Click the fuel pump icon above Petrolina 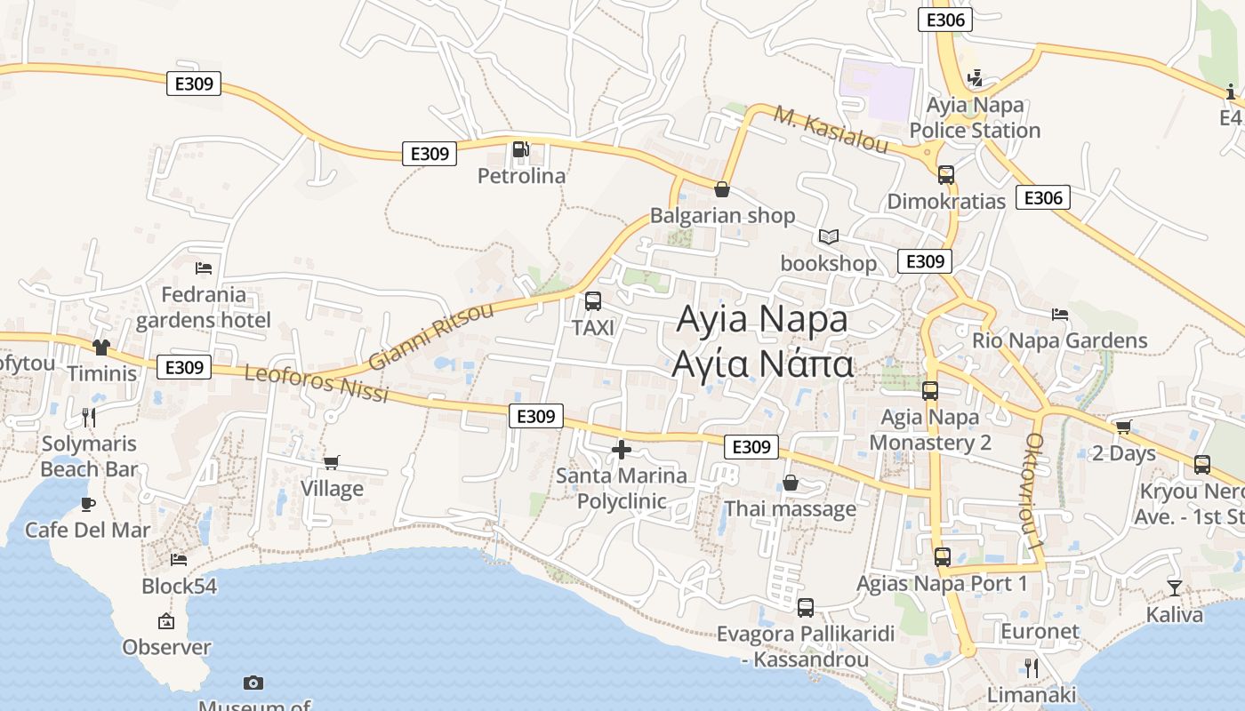tap(522, 149)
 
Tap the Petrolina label tap(521, 176)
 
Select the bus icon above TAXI tap(593, 301)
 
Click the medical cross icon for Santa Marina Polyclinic tap(622, 450)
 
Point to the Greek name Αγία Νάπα tap(763, 364)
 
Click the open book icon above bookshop tap(829, 236)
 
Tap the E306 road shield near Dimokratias tap(1043, 197)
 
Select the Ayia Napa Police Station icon tap(975, 78)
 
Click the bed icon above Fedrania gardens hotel tap(204, 268)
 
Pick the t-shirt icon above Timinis tap(101, 347)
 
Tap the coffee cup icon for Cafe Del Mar tap(87, 504)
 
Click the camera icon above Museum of tap(253, 683)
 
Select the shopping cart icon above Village tap(332, 462)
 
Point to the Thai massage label tap(790, 508)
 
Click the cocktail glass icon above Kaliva tap(1175, 587)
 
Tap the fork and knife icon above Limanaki tap(1032, 667)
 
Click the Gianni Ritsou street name tap(431, 337)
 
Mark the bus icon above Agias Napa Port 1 tap(943, 557)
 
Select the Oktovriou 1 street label tap(1034, 490)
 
